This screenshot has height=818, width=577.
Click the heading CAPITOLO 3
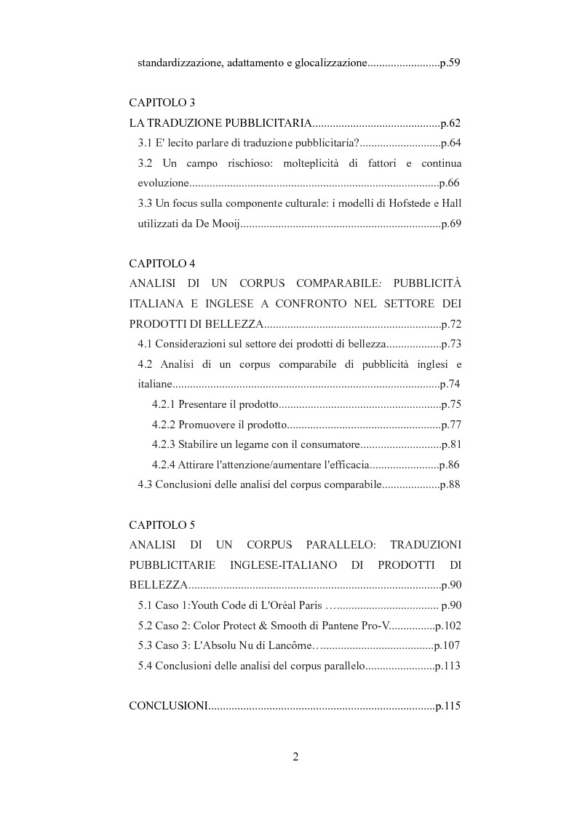162,103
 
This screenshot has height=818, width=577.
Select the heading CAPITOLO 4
162,263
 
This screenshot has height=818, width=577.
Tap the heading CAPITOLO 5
162,524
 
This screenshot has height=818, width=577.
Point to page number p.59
450,63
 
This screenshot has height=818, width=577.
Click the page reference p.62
450,123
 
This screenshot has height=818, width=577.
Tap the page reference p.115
447,706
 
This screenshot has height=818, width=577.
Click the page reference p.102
447,625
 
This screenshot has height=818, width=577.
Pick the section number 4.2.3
164,444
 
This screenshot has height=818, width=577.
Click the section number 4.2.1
164,404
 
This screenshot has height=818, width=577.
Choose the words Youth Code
219,605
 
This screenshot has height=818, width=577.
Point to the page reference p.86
450,465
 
